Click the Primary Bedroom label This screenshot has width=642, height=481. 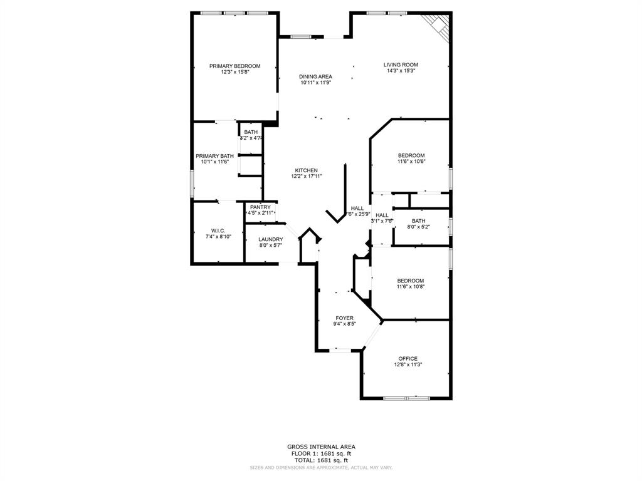pyautogui.click(x=234, y=66)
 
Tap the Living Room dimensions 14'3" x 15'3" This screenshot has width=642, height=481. pyautogui.click(x=401, y=71)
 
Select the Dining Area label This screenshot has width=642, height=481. pyautogui.click(x=315, y=76)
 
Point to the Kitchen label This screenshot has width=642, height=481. pyautogui.click(x=307, y=170)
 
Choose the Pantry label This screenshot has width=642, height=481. pyautogui.click(x=260, y=207)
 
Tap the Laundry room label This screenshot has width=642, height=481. pyautogui.click(x=271, y=239)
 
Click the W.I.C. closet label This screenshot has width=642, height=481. pyautogui.click(x=218, y=230)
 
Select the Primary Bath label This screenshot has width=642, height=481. pyautogui.click(x=215, y=156)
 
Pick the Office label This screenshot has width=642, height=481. pyautogui.click(x=408, y=359)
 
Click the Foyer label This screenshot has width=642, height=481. pyautogui.click(x=344, y=318)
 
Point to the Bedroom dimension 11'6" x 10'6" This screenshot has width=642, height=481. pyautogui.click(x=411, y=162)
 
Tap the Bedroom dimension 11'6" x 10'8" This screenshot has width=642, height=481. pyautogui.click(x=411, y=287)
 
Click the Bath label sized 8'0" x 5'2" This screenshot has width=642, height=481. pyautogui.click(x=419, y=220)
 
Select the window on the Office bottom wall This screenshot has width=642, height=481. pyautogui.click(x=406, y=398)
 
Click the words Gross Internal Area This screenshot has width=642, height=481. pyautogui.click(x=321, y=447)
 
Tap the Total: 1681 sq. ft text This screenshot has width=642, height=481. pyautogui.click(x=321, y=460)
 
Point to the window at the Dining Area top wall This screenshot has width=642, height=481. pyautogui.click(x=301, y=36)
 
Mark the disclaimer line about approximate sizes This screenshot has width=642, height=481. pyautogui.click(x=321, y=467)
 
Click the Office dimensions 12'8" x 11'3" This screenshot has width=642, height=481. pyautogui.click(x=408, y=365)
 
